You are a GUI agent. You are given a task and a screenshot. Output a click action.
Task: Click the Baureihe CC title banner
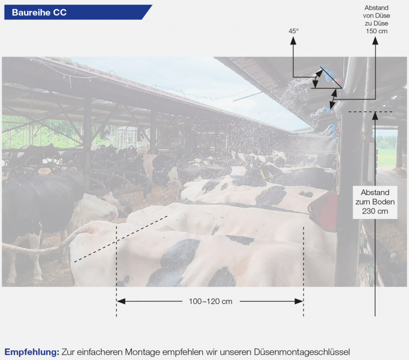78,12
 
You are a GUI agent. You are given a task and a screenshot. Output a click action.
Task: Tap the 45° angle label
293,31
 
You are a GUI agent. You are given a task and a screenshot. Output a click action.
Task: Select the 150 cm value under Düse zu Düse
376,31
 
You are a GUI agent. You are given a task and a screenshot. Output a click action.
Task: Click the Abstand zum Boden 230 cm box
375,202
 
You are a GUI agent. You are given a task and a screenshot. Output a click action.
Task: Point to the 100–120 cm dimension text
211,301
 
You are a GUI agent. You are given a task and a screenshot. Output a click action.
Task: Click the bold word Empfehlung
32,352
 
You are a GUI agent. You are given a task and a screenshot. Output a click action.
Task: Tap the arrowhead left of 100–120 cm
121,301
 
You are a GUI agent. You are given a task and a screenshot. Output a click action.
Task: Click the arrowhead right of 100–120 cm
299,301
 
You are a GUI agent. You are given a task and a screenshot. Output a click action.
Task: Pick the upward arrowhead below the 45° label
293,40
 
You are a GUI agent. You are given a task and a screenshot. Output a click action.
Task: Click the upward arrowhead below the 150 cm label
375,41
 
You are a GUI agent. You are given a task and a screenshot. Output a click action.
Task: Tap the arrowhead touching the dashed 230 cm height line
375,116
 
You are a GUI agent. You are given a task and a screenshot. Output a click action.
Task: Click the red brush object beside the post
324,211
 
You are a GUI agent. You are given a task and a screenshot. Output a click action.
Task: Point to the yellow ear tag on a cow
262,174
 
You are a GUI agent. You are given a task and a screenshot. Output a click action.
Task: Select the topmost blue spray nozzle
327,74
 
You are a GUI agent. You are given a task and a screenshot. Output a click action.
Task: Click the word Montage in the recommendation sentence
142,352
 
